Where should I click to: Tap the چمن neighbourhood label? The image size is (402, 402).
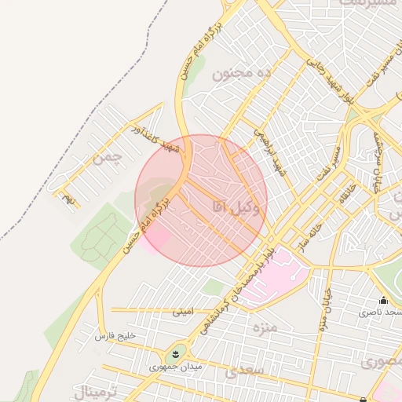tap(108, 156)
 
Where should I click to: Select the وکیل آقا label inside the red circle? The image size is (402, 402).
tap(235, 206)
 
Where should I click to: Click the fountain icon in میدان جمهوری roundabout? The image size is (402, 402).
tap(175, 354)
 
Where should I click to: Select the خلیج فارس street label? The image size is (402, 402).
tap(115, 336)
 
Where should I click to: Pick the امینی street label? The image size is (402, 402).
tap(181, 311)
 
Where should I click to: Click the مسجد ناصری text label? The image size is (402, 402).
tap(379, 312)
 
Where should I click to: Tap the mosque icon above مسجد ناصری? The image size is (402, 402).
tap(383, 300)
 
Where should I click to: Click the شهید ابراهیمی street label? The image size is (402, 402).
tap(268, 152)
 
